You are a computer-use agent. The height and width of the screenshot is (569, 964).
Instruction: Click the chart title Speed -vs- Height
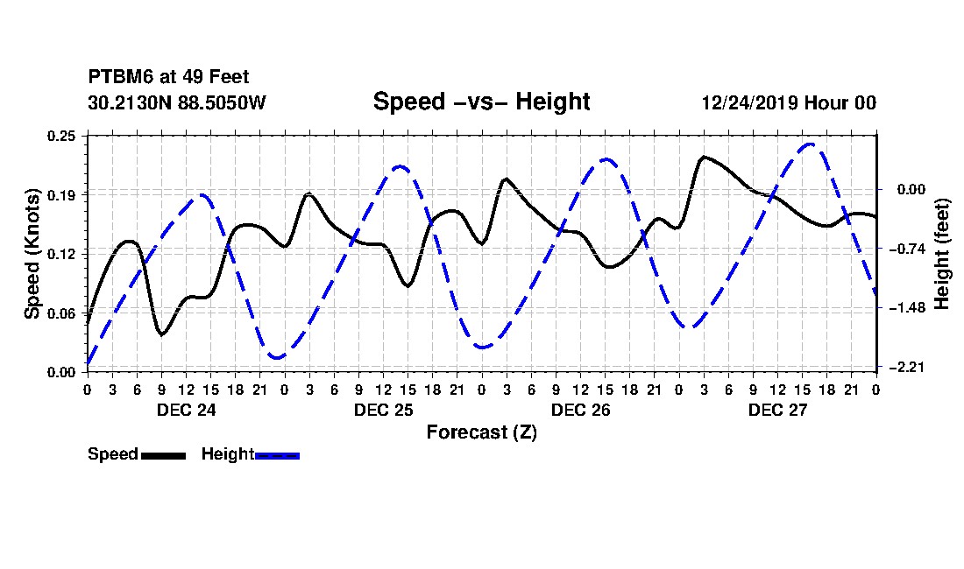tap(481, 102)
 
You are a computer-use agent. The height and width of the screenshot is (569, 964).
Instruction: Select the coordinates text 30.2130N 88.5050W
tap(177, 102)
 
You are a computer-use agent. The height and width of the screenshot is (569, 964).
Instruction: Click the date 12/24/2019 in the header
tap(750, 102)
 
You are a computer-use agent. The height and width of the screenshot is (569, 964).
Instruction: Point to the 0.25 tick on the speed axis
tap(61, 136)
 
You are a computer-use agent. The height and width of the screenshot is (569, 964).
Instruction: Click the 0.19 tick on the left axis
tap(61, 195)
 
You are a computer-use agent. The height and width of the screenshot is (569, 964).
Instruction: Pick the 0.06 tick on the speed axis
tap(61, 313)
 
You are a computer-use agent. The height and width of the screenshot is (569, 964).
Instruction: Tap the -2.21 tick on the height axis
tap(907, 367)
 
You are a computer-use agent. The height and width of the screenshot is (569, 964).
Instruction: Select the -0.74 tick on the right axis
tap(907, 249)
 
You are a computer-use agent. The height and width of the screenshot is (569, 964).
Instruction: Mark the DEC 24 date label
tap(187, 410)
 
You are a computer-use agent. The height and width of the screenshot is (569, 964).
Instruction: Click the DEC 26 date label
tap(580, 410)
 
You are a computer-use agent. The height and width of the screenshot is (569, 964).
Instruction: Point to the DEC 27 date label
tap(777, 410)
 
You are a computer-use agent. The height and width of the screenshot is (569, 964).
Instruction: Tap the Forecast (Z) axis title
tap(481, 432)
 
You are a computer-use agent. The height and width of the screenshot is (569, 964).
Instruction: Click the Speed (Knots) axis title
tap(32, 254)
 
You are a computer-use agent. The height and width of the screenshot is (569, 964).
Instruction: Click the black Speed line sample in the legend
tap(164, 455)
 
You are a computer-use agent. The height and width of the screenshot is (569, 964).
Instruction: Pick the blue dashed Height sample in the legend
tap(277, 455)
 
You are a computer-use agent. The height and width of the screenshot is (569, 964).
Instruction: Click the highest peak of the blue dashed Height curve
tap(811, 144)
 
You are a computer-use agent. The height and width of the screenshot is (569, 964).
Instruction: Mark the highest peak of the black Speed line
tap(704, 158)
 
